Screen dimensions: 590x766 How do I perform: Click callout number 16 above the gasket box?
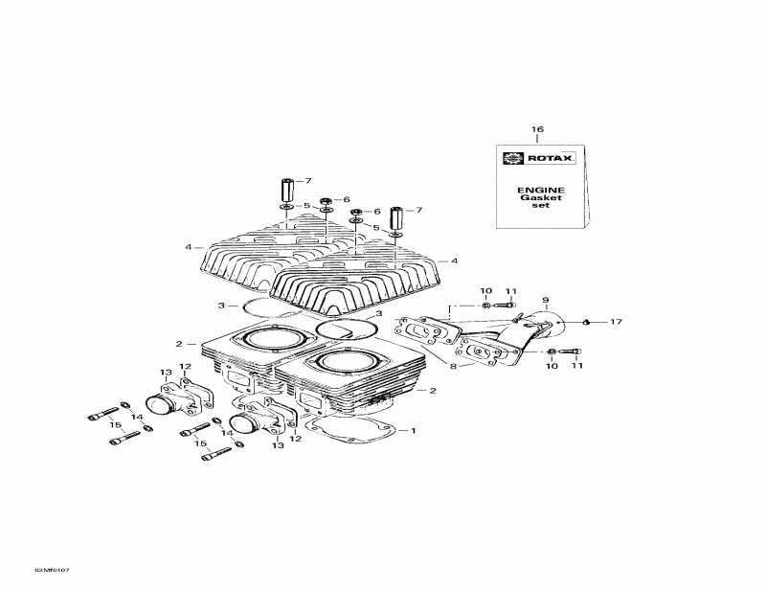[537, 128]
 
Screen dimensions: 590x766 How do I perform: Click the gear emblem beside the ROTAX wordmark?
[512, 158]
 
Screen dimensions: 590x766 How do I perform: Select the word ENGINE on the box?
[541, 190]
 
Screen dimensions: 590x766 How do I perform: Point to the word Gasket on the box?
[541, 198]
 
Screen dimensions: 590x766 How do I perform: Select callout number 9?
[545, 301]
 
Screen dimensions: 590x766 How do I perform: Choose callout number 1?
[414, 430]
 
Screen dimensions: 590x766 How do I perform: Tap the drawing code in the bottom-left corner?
[52, 571]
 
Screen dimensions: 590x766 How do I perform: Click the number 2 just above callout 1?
[433, 390]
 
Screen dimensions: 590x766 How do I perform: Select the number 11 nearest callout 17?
[576, 365]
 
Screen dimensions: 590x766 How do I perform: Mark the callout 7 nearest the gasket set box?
[418, 210]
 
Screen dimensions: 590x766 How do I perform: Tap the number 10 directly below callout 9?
[552, 365]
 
